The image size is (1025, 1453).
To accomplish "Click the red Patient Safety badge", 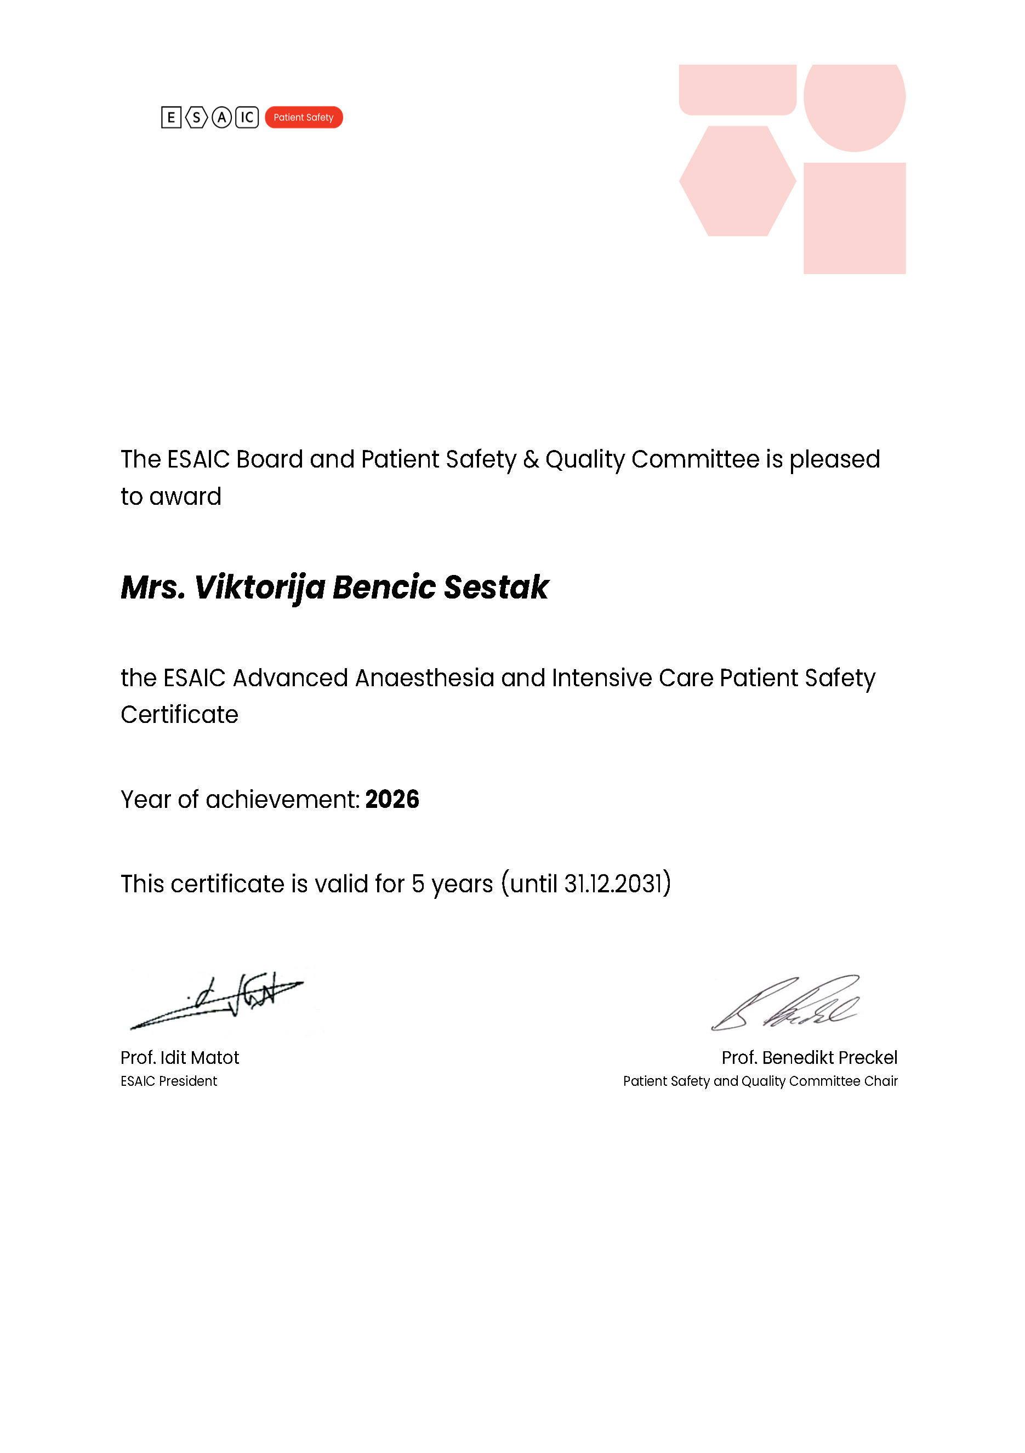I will pyautogui.click(x=303, y=117).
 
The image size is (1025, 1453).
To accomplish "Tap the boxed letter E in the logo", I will pyautogui.click(x=171, y=117).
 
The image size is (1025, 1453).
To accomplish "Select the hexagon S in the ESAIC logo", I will pyautogui.click(x=196, y=117).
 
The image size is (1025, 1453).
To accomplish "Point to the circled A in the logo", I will pyautogui.click(x=221, y=117).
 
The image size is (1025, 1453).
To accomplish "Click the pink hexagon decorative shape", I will pyautogui.click(x=737, y=181).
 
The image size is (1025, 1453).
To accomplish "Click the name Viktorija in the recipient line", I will pyautogui.click(x=259, y=587).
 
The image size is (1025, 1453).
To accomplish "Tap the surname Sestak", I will pyautogui.click(x=496, y=587).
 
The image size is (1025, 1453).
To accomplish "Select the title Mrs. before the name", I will pyautogui.click(x=153, y=587).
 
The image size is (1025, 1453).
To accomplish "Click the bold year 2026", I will pyautogui.click(x=392, y=799).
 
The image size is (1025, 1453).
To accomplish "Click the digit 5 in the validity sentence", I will pyautogui.click(x=418, y=884).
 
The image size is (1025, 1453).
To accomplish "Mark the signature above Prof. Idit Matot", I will pyautogui.click(x=218, y=1000).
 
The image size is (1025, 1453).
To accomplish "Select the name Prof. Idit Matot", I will pyautogui.click(x=180, y=1057).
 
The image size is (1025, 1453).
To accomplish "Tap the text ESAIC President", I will pyautogui.click(x=168, y=1081).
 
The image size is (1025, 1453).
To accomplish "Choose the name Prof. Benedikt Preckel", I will pyautogui.click(x=809, y=1057).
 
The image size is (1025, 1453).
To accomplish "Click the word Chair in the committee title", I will pyautogui.click(x=881, y=1081).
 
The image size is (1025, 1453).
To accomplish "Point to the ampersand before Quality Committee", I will pyautogui.click(x=531, y=459).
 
